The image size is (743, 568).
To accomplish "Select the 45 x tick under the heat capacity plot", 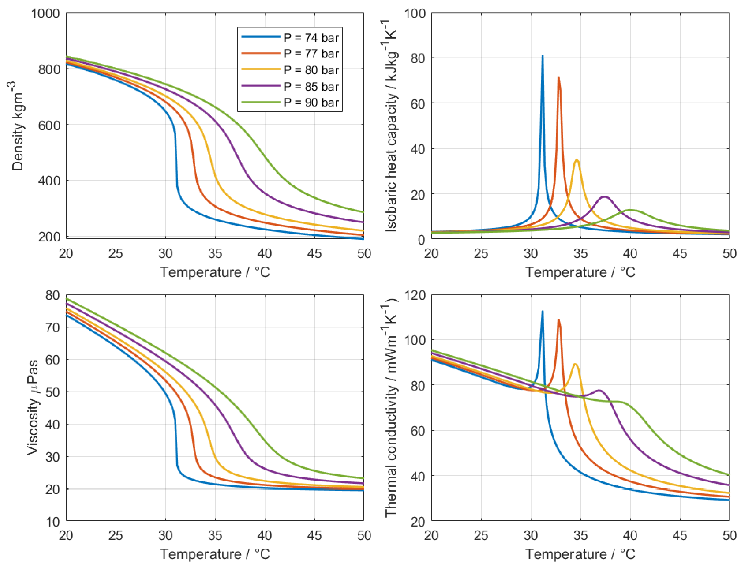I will click(680, 254).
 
